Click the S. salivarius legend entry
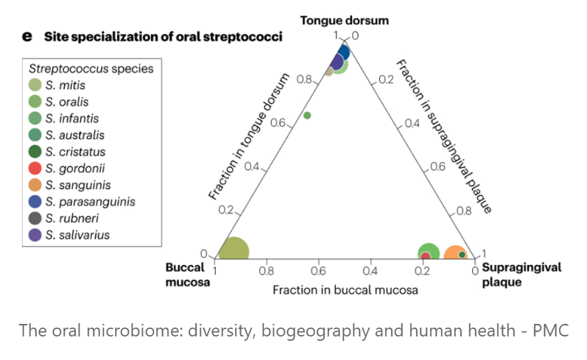pyautogui.click(x=72, y=235)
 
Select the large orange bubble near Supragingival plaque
pyautogui.click(x=454, y=255)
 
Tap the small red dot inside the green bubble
pyautogui.click(x=426, y=257)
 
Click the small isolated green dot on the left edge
pyautogui.click(x=307, y=115)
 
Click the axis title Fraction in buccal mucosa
pyautogui.click(x=345, y=290)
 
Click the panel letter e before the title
pyautogui.click(x=27, y=36)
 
